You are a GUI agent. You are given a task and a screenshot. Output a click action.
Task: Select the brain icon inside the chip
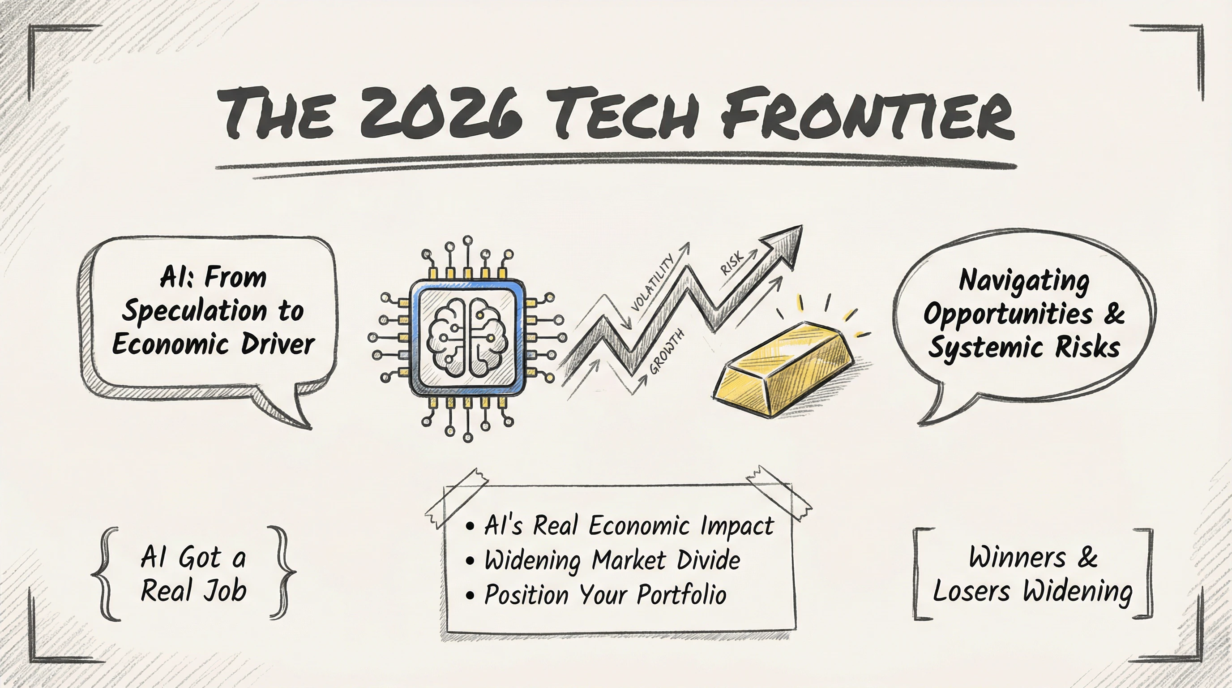[467, 337]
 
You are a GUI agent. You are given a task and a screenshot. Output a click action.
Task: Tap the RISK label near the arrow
[732, 262]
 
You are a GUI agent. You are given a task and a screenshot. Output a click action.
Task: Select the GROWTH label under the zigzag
[667, 352]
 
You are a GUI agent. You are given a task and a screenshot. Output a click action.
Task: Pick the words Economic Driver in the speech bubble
[213, 344]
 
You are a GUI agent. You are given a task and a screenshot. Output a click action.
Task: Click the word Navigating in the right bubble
[1024, 281]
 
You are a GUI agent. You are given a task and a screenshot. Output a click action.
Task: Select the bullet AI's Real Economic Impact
[619, 525]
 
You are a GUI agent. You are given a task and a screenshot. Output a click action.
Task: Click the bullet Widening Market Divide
[603, 560]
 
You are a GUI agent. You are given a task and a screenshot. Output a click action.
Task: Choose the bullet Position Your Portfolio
[595, 595]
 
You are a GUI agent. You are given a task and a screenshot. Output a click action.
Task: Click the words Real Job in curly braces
[194, 590]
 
